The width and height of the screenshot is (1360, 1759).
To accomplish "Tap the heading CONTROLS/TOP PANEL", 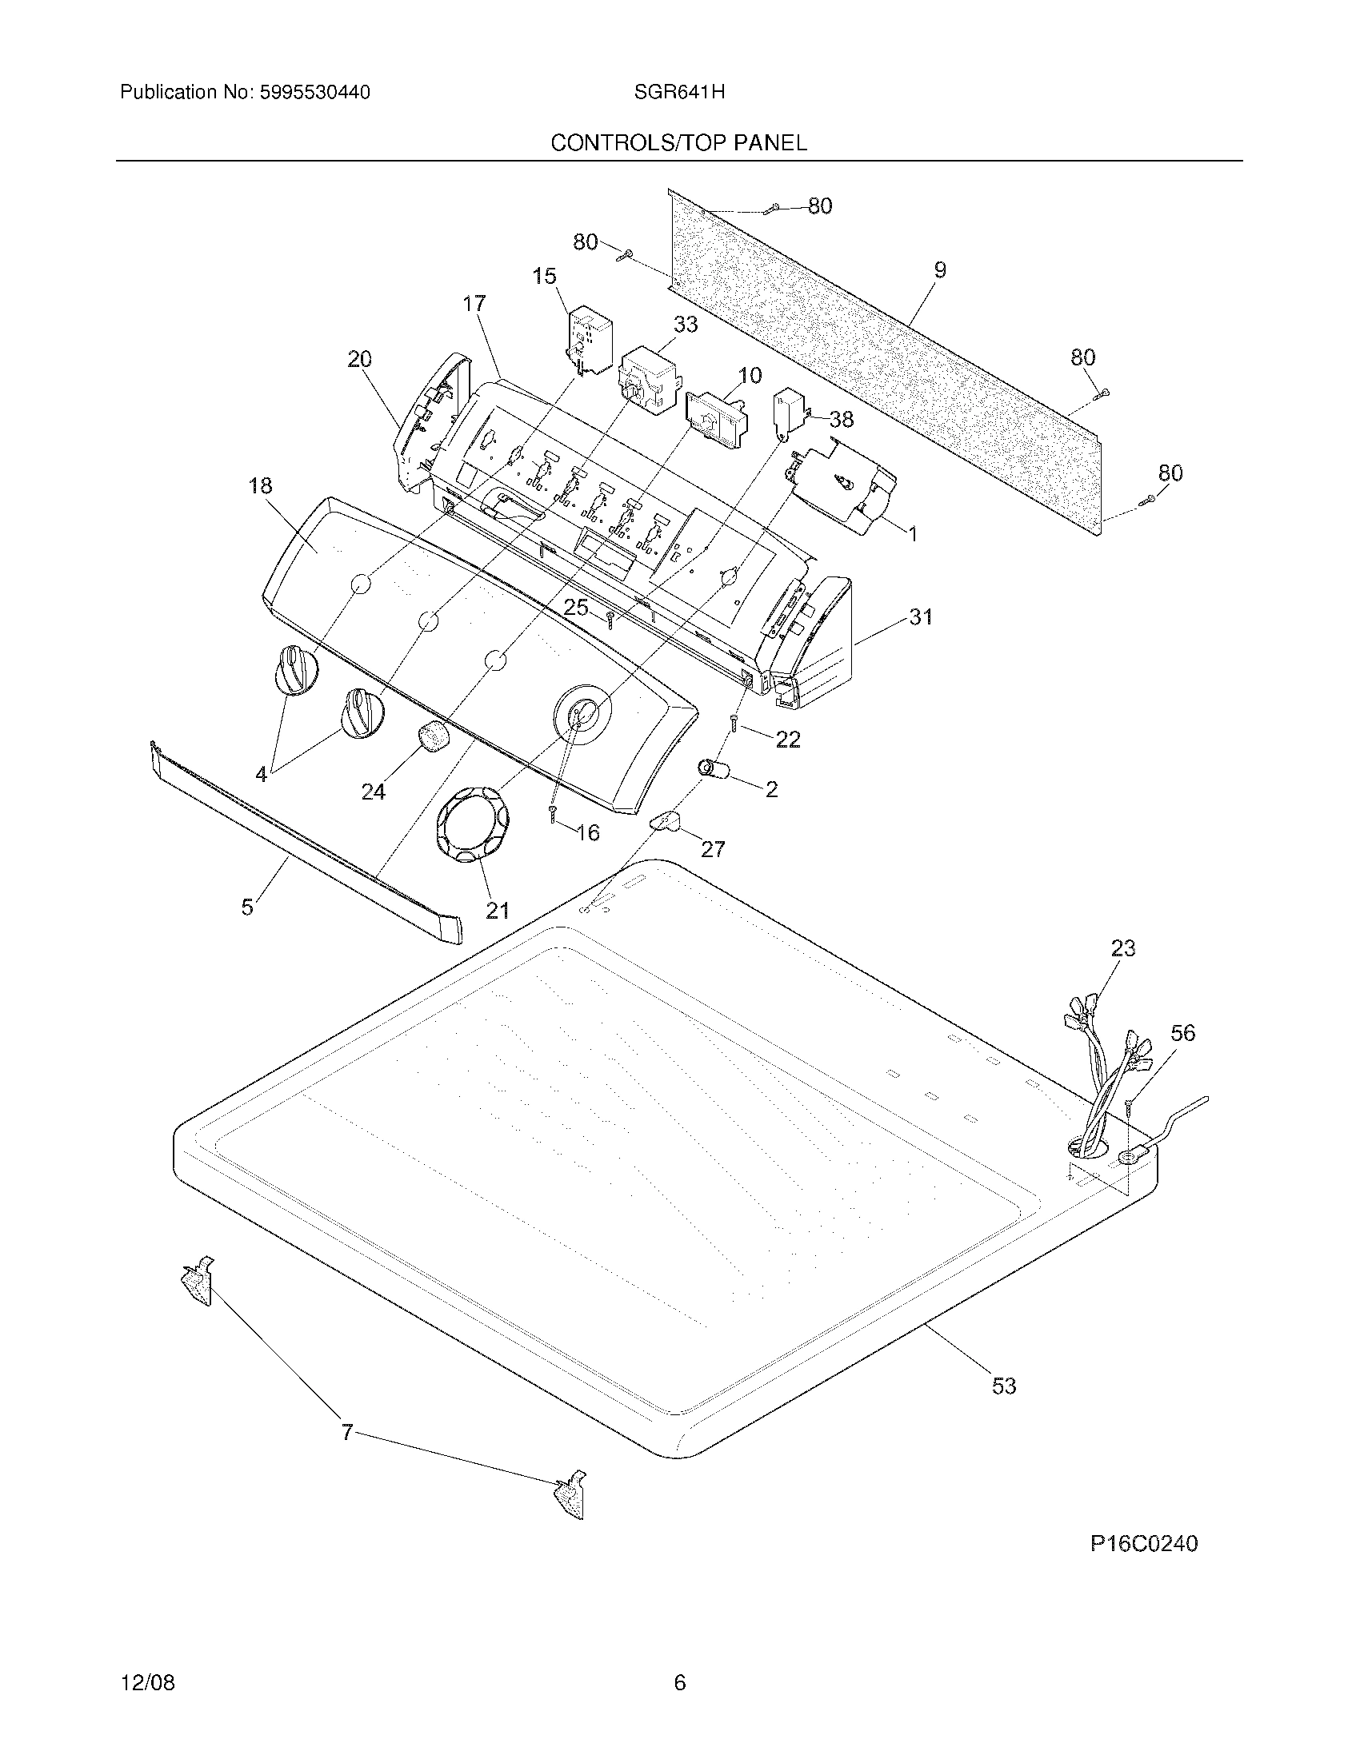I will pos(678,143).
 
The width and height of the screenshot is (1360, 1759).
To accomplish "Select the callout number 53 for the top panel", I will pos(1003,1386).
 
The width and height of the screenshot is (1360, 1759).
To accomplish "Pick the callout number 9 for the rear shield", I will pos(939,270).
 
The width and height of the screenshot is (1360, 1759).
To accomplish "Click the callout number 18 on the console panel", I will pos(260,485).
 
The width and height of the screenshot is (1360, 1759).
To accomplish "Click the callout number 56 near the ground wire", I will pos(1182,1032).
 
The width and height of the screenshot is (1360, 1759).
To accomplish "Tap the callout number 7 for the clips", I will pos(347,1433).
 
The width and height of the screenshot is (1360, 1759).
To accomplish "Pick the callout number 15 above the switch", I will pos(544,277).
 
